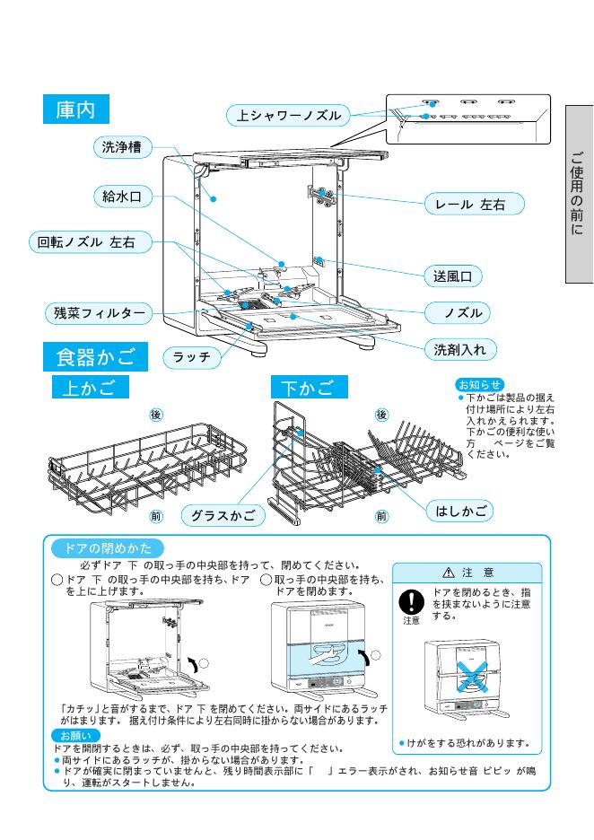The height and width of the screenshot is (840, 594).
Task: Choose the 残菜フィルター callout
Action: click(97, 313)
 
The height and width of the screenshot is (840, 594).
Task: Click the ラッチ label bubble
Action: click(192, 357)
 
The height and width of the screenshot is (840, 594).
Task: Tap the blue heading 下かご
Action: click(308, 388)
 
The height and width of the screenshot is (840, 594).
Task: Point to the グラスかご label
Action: click(223, 515)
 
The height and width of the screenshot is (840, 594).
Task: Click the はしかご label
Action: click(461, 511)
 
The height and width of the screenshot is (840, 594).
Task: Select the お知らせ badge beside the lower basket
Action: click(480, 384)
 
